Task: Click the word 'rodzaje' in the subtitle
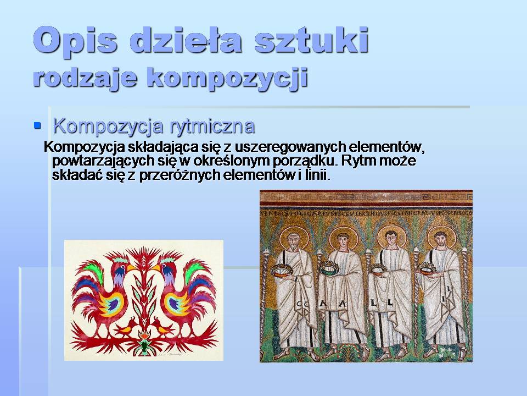(x=85, y=76)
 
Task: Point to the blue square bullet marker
(x=38, y=126)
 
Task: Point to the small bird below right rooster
(x=164, y=329)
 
